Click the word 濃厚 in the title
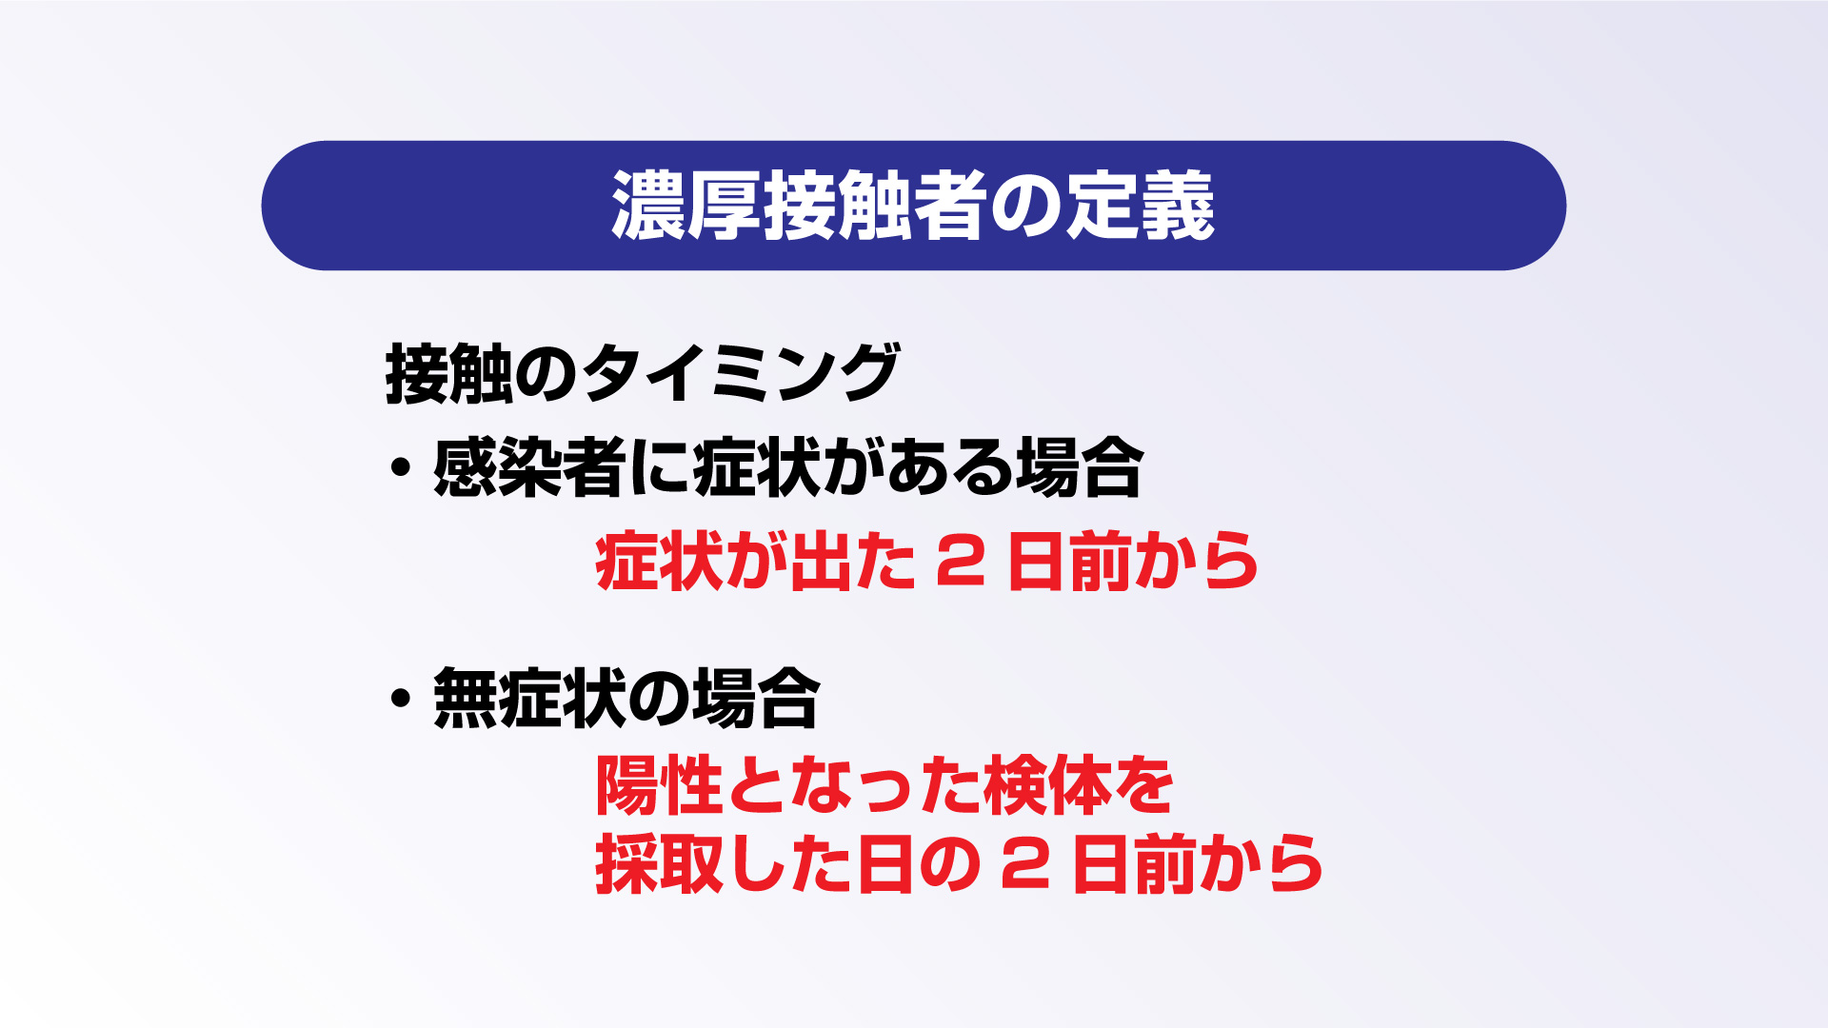[x=685, y=206]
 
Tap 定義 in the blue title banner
[x=1140, y=206]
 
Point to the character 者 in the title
[x=950, y=206]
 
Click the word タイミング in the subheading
[x=741, y=374]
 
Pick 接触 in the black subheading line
[x=448, y=374]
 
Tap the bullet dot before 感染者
[x=400, y=467]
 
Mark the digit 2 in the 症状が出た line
[x=960, y=562]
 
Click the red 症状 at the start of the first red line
[x=659, y=562]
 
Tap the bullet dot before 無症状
[x=400, y=699]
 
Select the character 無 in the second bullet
[x=465, y=699]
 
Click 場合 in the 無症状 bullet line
[x=755, y=699]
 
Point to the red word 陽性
[x=659, y=786]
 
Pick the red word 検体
[x=1047, y=786]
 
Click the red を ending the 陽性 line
[x=1143, y=787]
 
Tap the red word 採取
[x=659, y=863]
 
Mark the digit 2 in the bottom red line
[x=1025, y=864]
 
